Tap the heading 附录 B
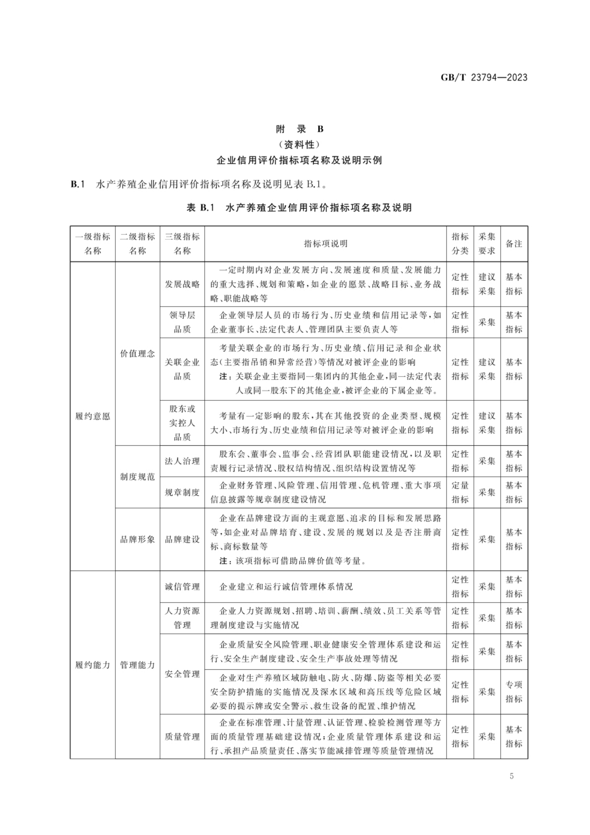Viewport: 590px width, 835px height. [x=299, y=129]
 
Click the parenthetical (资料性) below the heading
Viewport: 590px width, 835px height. [x=299, y=145]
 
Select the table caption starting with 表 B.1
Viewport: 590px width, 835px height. [x=299, y=208]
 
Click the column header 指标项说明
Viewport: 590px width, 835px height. [x=325, y=244]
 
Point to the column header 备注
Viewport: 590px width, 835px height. [x=514, y=244]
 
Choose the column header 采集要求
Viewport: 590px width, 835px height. [x=487, y=244]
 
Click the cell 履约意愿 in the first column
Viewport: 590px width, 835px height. [x=92, y=416]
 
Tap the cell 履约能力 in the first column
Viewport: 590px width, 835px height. [x=92, y=665]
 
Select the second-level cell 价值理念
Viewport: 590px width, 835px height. [x=138, y=354]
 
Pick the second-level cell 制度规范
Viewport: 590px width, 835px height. [x=138, y=477]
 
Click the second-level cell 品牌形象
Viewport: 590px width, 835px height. [x=138, y=539]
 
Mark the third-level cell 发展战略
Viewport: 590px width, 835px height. [x=182, y=284]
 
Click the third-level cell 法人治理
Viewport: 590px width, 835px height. [x=182, y=461]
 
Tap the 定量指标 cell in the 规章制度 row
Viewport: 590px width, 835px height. [x=460, y=492]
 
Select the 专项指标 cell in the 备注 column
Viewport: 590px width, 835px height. [x=514, y=692]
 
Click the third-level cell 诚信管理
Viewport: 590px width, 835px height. [x=182, y=587]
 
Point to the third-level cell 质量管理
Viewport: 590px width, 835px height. [x=182, y=737]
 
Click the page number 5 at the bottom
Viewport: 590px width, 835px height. [x=511, y=776]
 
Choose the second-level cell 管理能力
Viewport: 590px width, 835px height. [x=138, y=665]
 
